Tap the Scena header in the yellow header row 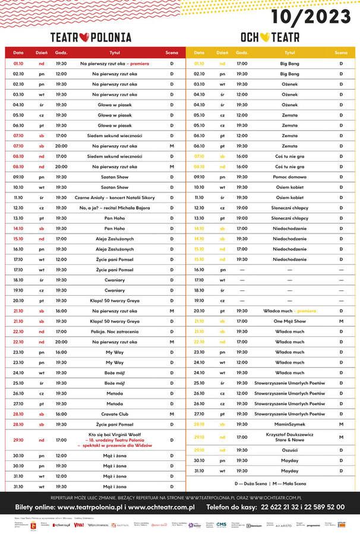(341, 53)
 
